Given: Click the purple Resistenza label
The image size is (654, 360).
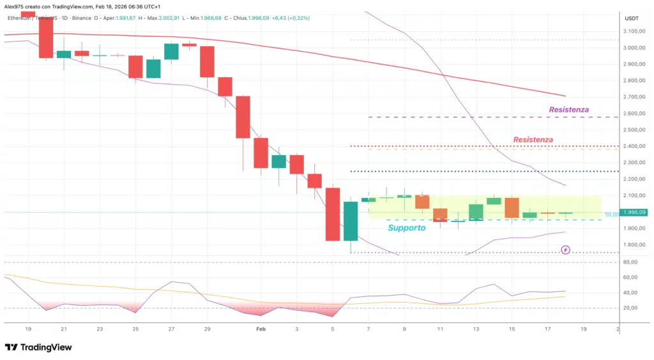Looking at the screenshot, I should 568,110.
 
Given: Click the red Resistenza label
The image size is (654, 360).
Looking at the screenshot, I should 533,139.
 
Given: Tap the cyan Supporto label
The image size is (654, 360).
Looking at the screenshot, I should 406,228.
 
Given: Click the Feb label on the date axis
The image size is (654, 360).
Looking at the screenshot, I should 260,329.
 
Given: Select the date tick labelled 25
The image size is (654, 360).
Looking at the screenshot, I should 135,329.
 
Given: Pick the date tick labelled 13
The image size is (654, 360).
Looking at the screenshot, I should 476,329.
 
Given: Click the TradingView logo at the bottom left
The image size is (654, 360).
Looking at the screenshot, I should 38,347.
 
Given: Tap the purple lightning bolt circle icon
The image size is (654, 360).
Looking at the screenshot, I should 565,250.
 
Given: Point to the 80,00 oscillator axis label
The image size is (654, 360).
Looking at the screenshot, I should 632,262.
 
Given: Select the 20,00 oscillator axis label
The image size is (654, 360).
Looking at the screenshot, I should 632,308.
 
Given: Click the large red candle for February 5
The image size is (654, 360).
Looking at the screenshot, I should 332,214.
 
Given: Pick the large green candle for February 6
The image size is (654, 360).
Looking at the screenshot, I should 351,221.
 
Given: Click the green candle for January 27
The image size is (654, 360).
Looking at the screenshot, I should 171,52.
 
